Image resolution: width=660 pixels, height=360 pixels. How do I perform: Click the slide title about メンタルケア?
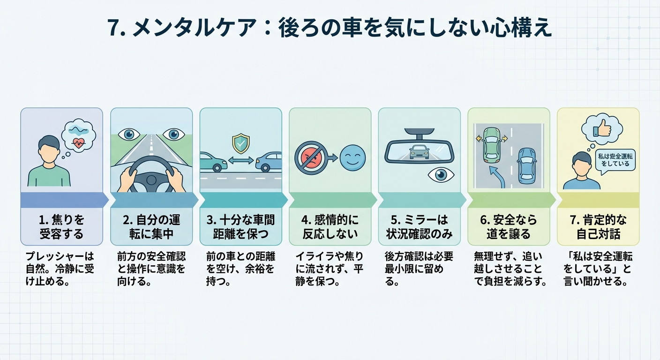click(330, 28)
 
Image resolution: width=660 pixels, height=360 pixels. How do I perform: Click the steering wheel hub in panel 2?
click(151, 180)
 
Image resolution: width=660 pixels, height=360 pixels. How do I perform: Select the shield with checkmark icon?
click(241, 144)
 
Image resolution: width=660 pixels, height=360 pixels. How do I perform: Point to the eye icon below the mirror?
click(441, 174)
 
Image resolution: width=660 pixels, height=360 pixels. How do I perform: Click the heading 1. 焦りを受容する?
click(61, 226)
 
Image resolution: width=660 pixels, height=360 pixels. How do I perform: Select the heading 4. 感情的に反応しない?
click(330, 226)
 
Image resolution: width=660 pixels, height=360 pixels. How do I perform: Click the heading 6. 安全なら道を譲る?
click(509, 226)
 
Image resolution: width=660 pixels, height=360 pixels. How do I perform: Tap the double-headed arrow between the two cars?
click(241, 160)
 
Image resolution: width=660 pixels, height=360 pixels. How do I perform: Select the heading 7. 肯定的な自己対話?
click(598, 226)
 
